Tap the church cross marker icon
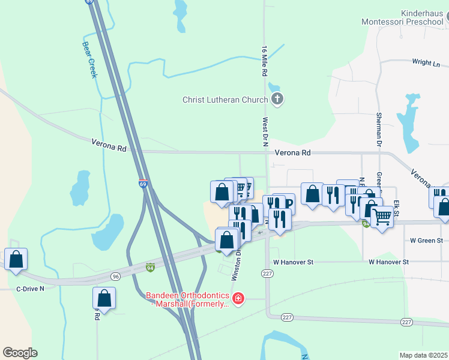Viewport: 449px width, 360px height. click(x=277, y=100)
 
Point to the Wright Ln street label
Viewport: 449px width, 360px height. click(x=426, y=63)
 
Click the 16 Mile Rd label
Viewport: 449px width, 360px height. click(x=264, y=60)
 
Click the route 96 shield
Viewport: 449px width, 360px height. click(x=116, y=276)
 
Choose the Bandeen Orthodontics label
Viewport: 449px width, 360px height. click(x=188, y=299)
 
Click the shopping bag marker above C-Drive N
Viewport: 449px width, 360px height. click(x=16, y=260)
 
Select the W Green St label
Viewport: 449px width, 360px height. click(x=426, y=241)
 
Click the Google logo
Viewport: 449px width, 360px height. click(x=20, y=352)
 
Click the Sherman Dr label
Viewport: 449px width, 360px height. click(x=379, y=129)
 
